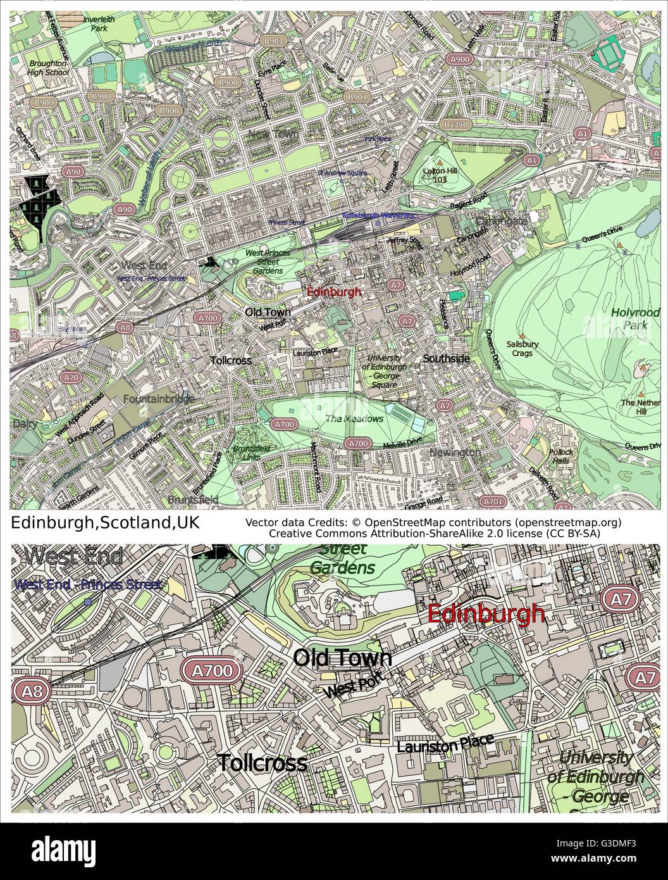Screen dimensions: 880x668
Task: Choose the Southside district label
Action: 446,359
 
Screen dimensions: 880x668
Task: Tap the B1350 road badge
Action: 456,125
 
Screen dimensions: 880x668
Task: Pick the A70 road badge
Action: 70,377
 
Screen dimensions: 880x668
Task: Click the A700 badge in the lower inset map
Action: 213,670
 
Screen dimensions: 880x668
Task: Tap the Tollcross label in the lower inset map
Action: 262,763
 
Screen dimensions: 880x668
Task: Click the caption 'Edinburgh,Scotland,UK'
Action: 106,523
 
